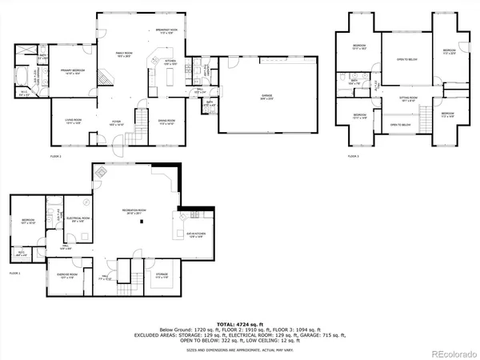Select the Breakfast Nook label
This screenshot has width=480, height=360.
point(166,31)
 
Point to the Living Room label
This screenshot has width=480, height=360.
point(74,122)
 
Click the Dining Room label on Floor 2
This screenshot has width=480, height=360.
point(166,122)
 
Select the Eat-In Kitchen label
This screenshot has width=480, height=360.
point(196,234)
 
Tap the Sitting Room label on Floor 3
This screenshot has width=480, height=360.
point(407,98)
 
